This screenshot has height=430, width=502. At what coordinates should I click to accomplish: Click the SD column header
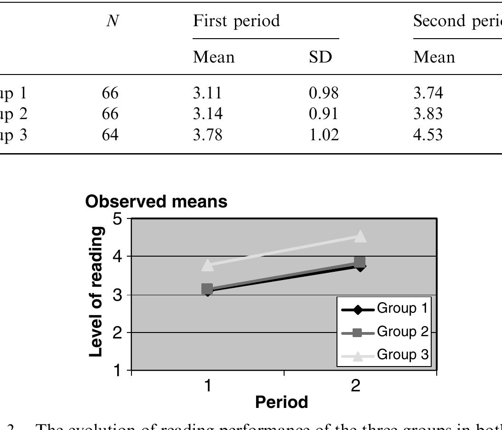(x=321, y=57)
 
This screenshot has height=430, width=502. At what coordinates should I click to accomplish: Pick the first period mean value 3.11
(x=207, y=93)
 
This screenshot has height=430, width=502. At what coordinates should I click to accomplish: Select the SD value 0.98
(x=324, y=93)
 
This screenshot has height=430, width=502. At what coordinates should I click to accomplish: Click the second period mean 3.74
(x=428, y=93)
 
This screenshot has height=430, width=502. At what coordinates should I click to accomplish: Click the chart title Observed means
(x=156, y=201)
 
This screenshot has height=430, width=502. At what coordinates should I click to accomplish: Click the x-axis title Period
(x=282, y=402)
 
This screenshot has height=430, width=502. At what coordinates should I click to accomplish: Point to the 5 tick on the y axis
(x=118, y=219)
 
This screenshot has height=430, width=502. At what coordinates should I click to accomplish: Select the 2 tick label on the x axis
(x=356, y=385)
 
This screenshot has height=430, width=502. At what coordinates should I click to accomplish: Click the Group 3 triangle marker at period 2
(x=360, y=236)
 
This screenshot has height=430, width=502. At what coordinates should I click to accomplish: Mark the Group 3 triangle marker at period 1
(x=207, y=265)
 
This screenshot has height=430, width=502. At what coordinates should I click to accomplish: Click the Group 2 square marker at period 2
(x=360, y=262)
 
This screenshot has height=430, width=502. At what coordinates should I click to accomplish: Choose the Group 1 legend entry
(x=385, y=309)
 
